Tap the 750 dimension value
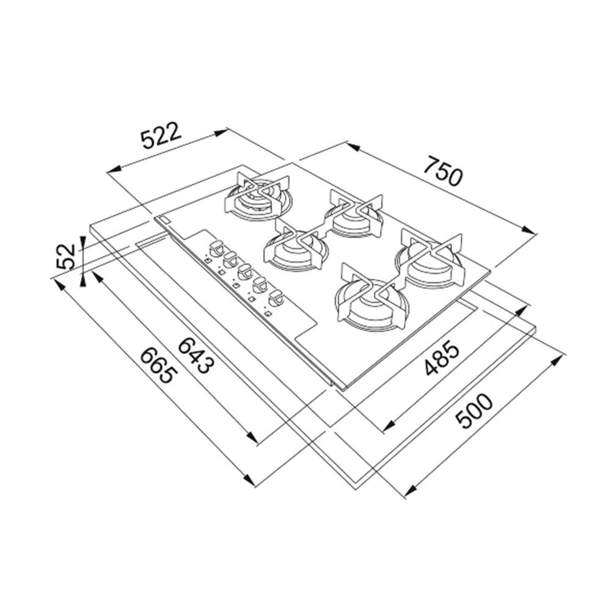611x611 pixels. [445, 172]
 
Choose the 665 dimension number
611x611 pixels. [156, 365]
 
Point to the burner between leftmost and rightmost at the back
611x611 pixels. [354, 213]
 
